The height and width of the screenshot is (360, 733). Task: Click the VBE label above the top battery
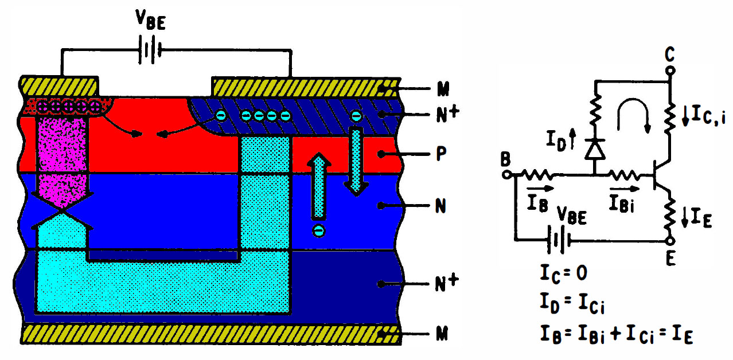click(x=151, y=19)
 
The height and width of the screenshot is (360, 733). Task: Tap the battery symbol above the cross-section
click(x=150, y=50)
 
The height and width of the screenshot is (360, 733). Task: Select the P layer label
click(x=441, y=153)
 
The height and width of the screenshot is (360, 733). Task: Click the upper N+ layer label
click(x=447, y=114)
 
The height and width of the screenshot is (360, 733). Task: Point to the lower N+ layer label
click(x=447, y=283)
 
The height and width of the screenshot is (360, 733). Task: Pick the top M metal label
click(x=443, y=89)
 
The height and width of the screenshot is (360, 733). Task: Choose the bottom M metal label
click(x=442, y=334)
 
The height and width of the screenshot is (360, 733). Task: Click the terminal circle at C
click(x=670, y=71)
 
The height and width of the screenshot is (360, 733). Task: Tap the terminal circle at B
click(x=506, y=175)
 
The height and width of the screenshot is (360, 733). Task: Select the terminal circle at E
click(x=670, y=241)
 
